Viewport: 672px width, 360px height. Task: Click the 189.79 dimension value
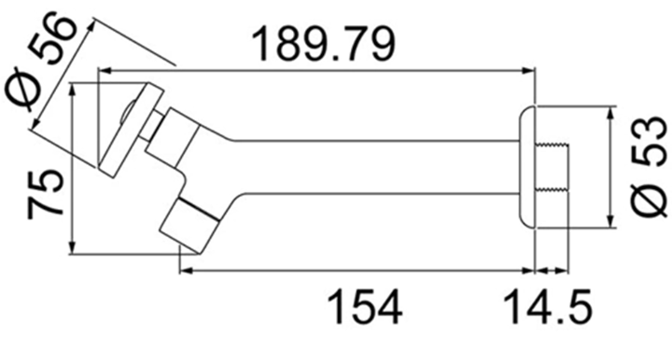[x=324, y=44]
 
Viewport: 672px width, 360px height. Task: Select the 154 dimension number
[x=365, y=307]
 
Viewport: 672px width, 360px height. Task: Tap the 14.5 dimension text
[x=548, y=307]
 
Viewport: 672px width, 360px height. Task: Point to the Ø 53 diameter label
[x=650, y=166]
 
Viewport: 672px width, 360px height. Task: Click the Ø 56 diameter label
[x=41, y=62]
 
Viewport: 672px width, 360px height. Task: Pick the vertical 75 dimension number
[x=46, y=194]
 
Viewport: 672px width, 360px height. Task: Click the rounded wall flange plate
[x=527, y=167]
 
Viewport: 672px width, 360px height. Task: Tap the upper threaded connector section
[x=552, y=145]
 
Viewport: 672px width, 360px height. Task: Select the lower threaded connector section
[x=552, y=188]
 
